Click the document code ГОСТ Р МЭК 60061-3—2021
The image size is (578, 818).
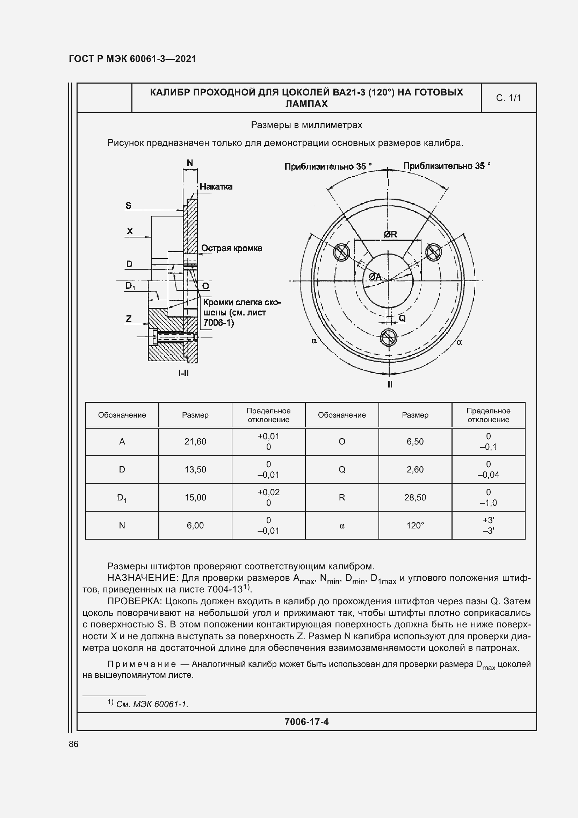(132, 59)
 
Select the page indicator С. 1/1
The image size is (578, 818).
(508, 98)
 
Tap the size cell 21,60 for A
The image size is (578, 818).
(195, 441)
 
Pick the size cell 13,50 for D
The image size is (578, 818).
(195, 469)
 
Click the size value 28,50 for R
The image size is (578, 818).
(415, 497)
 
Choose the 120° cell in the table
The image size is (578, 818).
(415, 526)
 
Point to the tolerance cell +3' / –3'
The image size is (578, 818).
(488, 526)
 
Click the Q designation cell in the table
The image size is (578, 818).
(342, 469)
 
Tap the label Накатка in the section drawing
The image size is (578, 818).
(216, 186)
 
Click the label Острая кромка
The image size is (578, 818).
(231, 248)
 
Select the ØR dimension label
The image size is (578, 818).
(390, 234)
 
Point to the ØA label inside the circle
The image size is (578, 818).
(375, 276)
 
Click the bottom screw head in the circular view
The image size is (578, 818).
(389, 337)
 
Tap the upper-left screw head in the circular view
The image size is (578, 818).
(342, 252)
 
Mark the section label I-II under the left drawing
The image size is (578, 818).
(184, 373)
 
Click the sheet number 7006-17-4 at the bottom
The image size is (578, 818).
(306, 722)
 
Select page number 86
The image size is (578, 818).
(73, 744)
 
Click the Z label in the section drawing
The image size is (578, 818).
(129, 318)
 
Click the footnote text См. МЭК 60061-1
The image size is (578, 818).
(152, 704)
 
